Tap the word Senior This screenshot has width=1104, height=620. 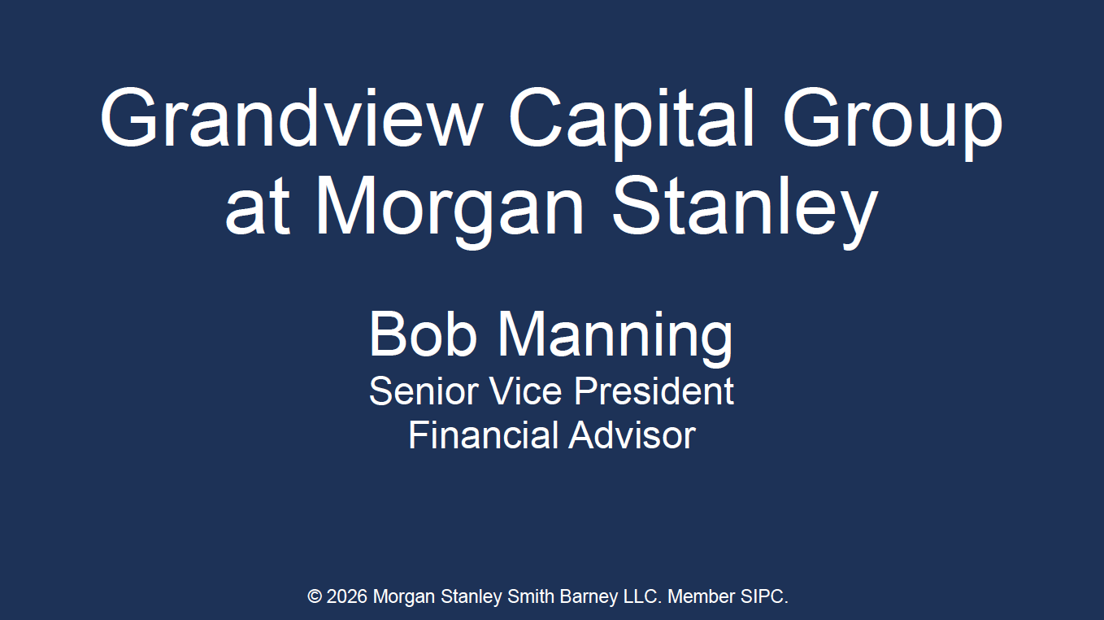[423, 391]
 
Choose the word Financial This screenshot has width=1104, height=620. [483, 435]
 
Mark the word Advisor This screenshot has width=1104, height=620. [632, 435]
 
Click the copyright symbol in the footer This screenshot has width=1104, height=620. [315, 597]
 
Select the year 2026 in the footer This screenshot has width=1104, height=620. [347, 597]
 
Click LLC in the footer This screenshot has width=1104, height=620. [643, 597]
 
